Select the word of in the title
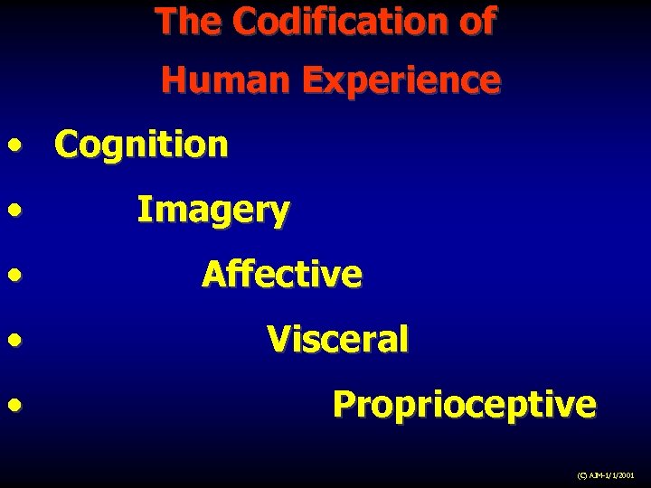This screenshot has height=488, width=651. (476, 22)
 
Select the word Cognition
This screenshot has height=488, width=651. (141, 145)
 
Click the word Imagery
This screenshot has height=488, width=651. (212, 211)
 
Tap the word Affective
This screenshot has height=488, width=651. (281, 274)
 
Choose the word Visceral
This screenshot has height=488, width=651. (337, 340)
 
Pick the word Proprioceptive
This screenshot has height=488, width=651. (464, 406)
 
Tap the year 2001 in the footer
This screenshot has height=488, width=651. (626, 474)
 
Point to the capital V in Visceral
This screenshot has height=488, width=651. (278, 339)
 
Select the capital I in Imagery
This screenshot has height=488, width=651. (142, 210)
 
